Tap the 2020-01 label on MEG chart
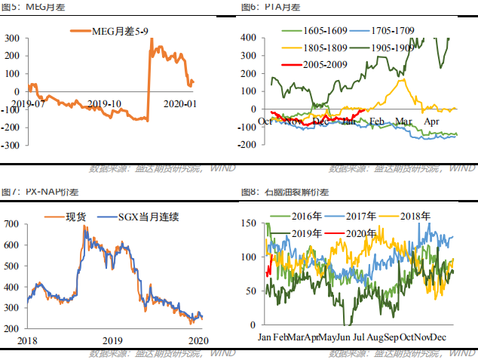point(180,103)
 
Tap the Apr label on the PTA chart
point(432,121)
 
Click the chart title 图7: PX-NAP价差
point(32,192)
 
